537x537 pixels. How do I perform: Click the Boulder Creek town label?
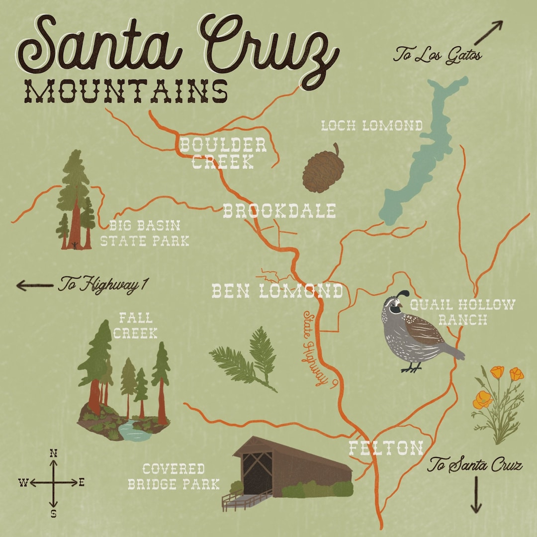coord(223,153)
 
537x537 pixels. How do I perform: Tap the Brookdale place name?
coord(279,211)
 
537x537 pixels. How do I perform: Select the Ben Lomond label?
coord(277,291)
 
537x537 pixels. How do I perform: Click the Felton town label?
coord(385,448)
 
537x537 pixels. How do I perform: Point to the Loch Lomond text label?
coord(371,126)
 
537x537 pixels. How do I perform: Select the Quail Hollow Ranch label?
coord(462,312)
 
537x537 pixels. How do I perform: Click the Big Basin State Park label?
coord(144,234)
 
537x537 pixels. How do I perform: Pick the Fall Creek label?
coord(135,325)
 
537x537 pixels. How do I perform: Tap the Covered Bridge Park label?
coord(174,476)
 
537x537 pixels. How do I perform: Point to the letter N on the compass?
coord(54,453)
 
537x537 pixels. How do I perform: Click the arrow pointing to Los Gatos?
coord(488,33)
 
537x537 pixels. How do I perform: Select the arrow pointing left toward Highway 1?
coord(34,285)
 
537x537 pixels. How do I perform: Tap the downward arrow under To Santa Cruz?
coord(476,495)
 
